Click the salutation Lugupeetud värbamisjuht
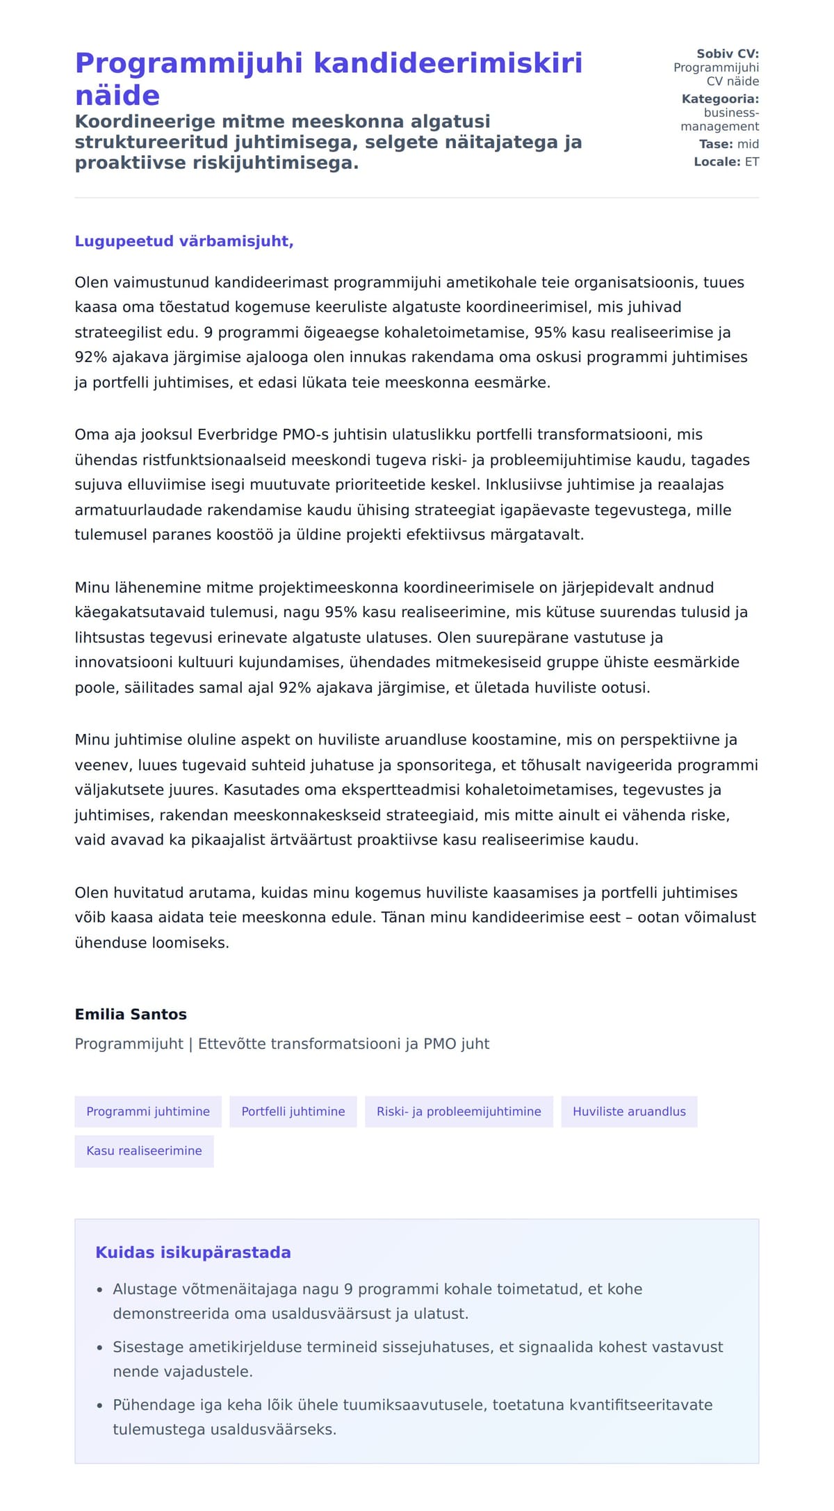click(184, 241)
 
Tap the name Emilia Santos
click(131, 1014)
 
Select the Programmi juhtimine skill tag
click(148, 1111)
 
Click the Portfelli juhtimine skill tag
click(293, 1111)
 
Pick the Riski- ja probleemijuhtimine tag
click(459, 1111)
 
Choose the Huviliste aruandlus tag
click(629, 1111)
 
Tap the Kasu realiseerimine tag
click(144, 1150)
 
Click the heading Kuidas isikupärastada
click(193, 1252)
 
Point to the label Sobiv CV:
click(728, 54)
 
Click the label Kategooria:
click(720, 99)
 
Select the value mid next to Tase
click(748, 144)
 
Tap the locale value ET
click(752, 162)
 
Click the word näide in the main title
click(117, 95)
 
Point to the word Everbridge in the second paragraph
click(238, 435)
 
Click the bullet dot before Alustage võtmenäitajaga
click(100, 1290)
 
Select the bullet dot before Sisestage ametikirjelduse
click(100, 1348)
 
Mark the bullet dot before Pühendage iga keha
click(100, 1405)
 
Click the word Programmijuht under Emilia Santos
click(129, 1044)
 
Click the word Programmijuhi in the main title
click(189, 63)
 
